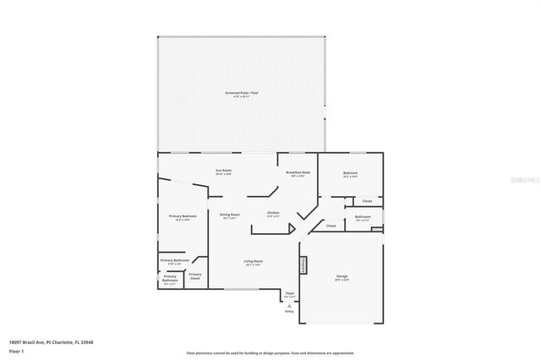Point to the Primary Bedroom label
pos(183,217)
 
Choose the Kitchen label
pos(273,214)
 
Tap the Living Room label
pos(254,263)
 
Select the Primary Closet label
pos(195,275)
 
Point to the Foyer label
pos(289,294)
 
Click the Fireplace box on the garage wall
pos(303,265)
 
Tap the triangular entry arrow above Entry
pos(289,305)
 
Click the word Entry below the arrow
pos(289,311)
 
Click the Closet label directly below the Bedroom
pos(366,201)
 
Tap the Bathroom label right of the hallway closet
pos(363,218)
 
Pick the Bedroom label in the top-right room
pos(350,174)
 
